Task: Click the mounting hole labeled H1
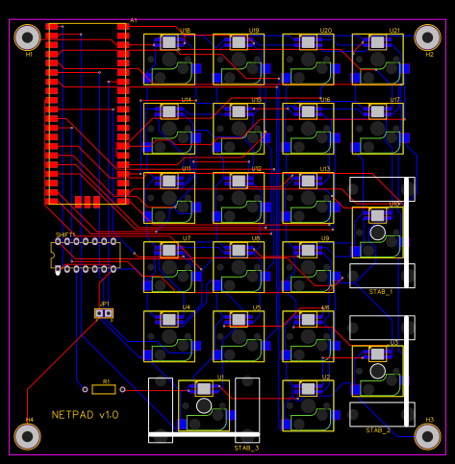28,37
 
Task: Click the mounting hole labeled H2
427,37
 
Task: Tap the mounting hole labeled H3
427,436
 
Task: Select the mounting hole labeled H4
28,437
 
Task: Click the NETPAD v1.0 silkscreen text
85,415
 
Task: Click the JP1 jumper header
104,313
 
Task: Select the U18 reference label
185,31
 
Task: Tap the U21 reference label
394,31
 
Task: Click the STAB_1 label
381,291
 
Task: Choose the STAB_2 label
378,430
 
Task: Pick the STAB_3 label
246,448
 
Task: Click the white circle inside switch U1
203,406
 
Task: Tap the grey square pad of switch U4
169,320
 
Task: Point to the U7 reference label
187,238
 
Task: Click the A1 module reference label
134,20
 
